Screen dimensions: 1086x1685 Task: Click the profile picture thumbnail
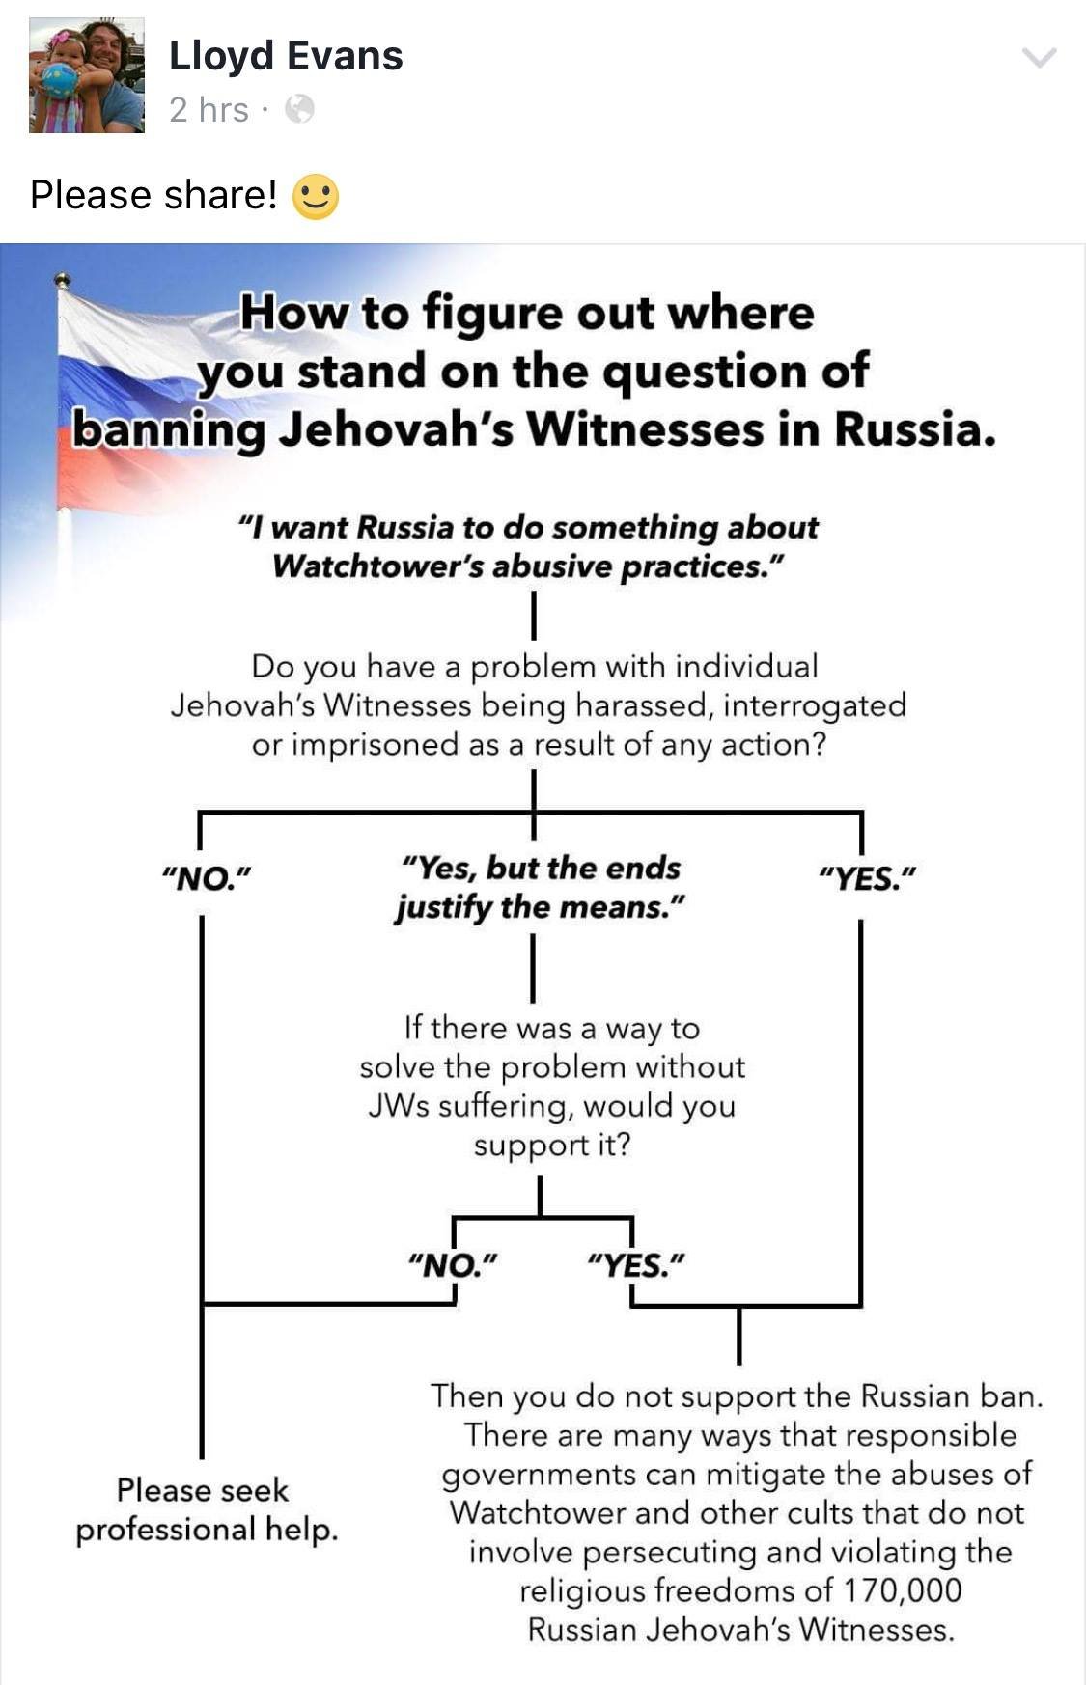87,75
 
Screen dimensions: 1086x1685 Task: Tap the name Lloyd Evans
286,56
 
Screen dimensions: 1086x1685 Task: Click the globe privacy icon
300,109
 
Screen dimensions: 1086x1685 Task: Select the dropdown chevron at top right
1040,58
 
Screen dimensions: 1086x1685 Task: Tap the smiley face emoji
316,196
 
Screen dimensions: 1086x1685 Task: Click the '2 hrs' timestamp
209,110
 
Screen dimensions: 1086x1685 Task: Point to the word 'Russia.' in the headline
914,430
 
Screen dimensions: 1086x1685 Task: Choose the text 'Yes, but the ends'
541,869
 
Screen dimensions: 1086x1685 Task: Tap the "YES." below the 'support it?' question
636,1264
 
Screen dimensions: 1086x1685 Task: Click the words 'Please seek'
203,1490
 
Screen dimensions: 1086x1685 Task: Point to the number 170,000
903,1590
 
